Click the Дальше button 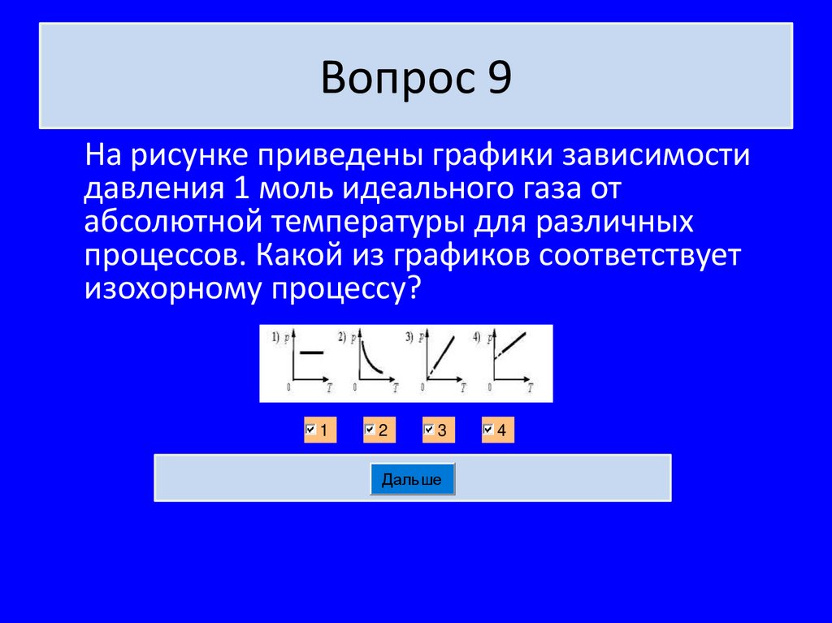412,479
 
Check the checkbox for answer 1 310,430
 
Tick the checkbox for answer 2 370,430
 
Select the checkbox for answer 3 429,430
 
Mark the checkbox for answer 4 488,430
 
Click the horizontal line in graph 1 312,353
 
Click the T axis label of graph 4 529,388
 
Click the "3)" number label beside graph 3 410,335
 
